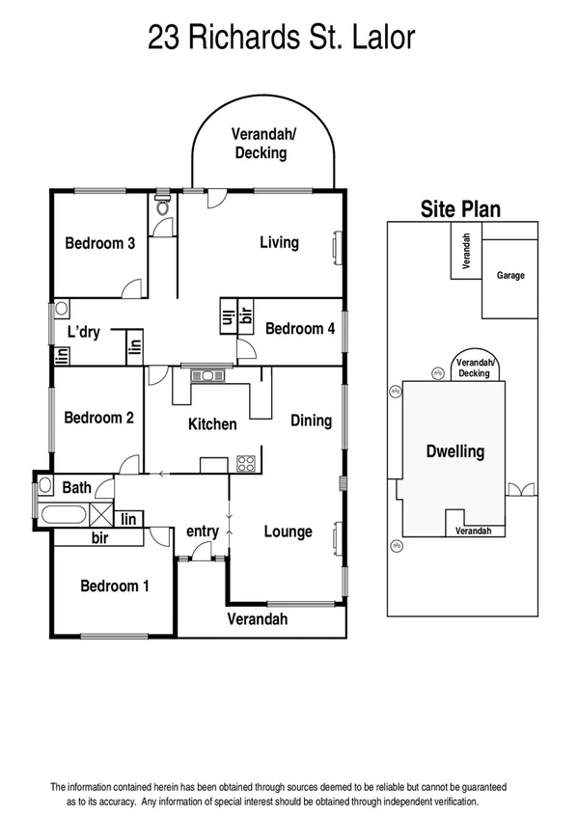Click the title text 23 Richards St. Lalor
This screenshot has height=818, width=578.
pyautogui.click(x=281, y=38)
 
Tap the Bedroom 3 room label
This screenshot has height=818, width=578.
pyautogui.click(x=99, y=243)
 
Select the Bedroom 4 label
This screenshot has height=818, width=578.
pyautogui.click(x=300, y=329)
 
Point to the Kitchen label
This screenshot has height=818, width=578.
pyautogui.click(x=211, y=423)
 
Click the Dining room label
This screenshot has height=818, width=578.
pyautogui.click(x=311, y=421)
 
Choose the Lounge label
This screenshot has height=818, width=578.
pyautogui.click(x=288, y=532)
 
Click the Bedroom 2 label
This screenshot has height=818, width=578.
pyautogui.click(x=98, y=418)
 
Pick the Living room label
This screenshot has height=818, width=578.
pyautogui.click(x=279, y=242)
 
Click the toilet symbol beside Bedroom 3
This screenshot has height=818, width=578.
pyautogui.click(x=163, y=206)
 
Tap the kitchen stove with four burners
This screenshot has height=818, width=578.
pyautogui.click(x=246, y=463)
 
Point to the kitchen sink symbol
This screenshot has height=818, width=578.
pyautogui.click(x=208, y=375)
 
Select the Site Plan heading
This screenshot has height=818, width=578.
pyautogui.click(x=459, y=209)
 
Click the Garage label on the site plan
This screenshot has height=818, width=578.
pyautogui.click(x=510, y=276)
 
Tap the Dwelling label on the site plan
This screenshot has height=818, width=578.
pyautogui.click(x=454, y=451)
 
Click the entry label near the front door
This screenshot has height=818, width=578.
pyautogui.click(x=203, y=532)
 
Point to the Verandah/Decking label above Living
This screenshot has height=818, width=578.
pyautogui.click(x=261, y=144)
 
